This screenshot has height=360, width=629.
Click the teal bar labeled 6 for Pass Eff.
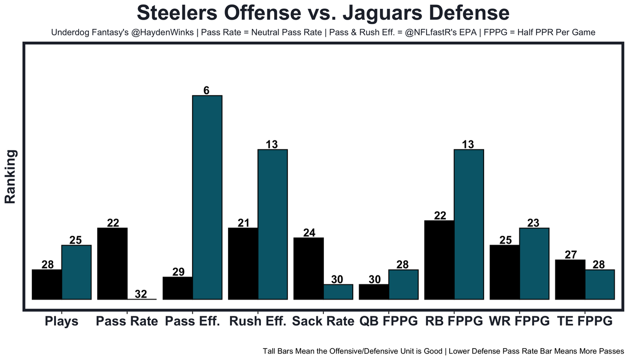click(x=207, y=197)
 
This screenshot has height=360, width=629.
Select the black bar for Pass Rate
click(x=113, y=263)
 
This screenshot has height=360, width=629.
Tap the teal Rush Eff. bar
click(x=272, y=224)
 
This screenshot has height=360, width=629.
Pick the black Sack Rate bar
click(x=308, y=268)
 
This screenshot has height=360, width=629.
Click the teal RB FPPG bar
click(x=469, y=224)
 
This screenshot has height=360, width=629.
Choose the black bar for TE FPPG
click(x=570, y=279)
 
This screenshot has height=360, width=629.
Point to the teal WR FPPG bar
click(x=534, y=263)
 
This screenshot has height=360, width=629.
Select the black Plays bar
click(x=47, y=284)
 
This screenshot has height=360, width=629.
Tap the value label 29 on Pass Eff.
click(x=178, y=272)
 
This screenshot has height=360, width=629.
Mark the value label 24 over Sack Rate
click(x=309, y=233)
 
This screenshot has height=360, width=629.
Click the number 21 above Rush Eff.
click(x=243, y=223)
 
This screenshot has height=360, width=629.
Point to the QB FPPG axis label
click(x=388, y=322)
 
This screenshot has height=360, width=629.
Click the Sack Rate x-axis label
click(x=323, y=322)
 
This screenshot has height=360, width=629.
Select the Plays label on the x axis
click(x=61, y=322)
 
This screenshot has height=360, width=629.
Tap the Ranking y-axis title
click(x=11, y=177)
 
